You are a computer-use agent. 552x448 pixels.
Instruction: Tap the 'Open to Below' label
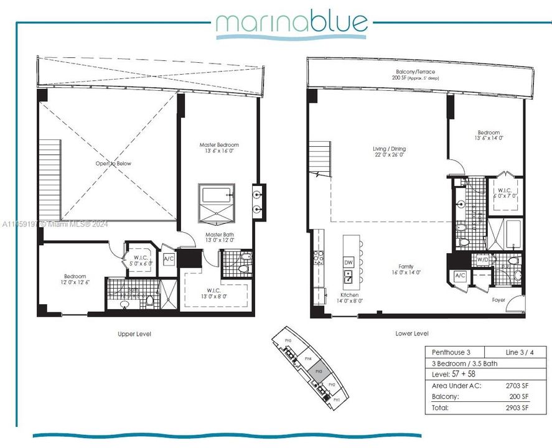(x=114, y=163)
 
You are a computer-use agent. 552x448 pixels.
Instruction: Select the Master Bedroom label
(x=218, y=145)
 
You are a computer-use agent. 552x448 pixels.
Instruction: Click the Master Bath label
(x=220, y=235)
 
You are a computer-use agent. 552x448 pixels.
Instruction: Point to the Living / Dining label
(x=389, y=149)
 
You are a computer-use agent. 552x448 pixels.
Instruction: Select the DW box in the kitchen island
(x=349, y=261)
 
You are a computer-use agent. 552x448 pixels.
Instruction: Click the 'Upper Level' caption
(x=134, y=334)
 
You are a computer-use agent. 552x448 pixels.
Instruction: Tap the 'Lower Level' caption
(x=412, y=334)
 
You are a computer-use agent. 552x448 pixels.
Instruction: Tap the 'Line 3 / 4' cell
(x=514, y=352)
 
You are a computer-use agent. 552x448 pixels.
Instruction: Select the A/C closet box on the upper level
(x=169, y=259)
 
